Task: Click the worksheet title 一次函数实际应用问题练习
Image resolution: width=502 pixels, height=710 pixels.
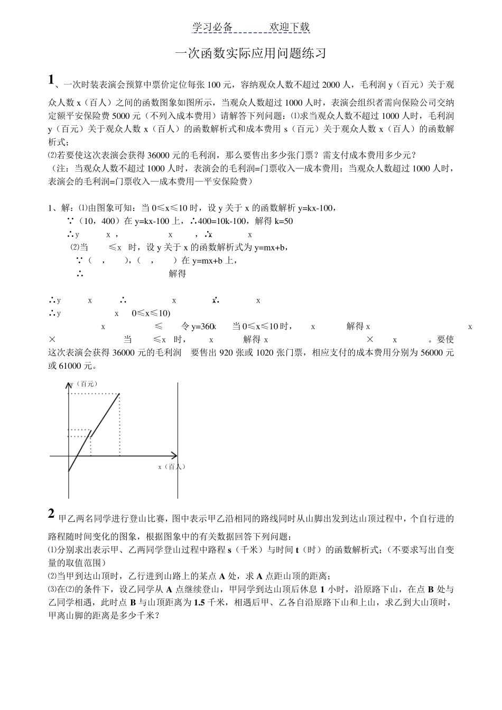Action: pos(250,53)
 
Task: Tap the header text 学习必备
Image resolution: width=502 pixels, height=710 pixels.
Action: pos(212,27)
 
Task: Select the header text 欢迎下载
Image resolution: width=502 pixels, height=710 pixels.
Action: pos(290,27)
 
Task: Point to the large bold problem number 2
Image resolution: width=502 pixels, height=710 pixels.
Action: pos(51,513)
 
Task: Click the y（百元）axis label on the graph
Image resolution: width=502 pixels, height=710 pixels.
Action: pos(85,384)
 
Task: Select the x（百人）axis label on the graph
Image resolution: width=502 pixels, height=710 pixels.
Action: pos(172,466)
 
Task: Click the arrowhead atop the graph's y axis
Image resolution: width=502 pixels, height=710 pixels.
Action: pos(69,386)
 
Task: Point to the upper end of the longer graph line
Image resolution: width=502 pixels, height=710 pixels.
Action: pos(119,394)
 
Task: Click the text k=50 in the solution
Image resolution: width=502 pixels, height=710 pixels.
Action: pos(283,221)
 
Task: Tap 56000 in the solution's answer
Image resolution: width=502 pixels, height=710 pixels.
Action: pos(426,353)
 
